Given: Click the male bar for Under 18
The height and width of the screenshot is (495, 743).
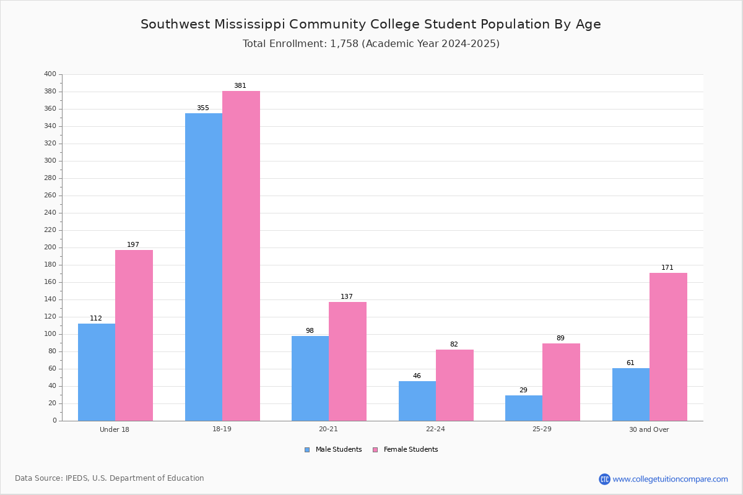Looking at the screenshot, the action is coord(97,372).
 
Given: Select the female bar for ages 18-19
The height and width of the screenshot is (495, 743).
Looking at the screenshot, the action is coord(241,256).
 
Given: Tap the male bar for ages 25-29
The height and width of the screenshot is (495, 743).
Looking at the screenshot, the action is coord(524,408).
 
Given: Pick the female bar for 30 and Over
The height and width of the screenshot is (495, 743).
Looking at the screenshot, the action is coord(668,346).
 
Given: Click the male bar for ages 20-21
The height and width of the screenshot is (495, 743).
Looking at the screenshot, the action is coord(310,379).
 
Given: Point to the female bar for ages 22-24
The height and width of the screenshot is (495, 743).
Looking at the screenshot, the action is coord(454,385).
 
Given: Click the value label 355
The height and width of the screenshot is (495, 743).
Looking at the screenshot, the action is coord(203,108).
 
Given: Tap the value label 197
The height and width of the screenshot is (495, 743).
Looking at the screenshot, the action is coord(133,244).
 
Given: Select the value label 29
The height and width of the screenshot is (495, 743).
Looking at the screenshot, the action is coord(523,390).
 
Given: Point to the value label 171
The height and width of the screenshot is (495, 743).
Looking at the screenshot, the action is coord(667,267).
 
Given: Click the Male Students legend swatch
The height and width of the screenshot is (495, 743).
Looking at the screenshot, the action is coord(307,450).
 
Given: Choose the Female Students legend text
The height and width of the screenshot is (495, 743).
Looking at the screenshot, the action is coord(411,449).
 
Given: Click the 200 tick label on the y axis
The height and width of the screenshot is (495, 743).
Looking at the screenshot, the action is coord(50,247).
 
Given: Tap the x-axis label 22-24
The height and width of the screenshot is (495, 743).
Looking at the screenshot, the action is coord(435,429).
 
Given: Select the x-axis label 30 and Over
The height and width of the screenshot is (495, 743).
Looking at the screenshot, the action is coord(649,429).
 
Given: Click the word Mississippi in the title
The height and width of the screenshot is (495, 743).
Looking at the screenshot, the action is coord(250,25).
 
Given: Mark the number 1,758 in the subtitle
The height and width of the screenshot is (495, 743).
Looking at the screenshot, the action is coord(344,44).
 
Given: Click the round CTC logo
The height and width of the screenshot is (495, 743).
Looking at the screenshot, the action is coord(604,479).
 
